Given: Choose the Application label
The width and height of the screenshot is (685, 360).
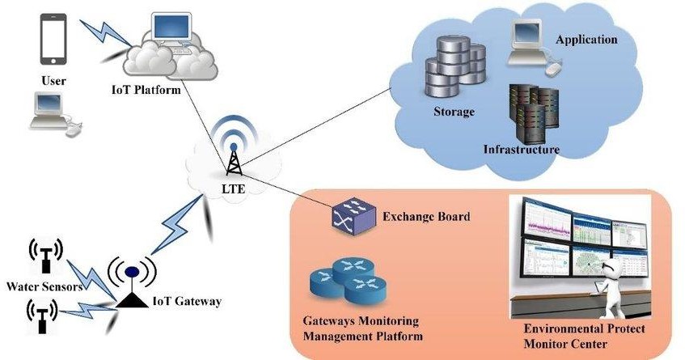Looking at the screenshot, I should point(586,39).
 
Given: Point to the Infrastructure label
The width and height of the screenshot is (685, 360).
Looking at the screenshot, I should point(521,150).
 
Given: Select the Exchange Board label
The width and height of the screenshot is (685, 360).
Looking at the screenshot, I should point(426,217).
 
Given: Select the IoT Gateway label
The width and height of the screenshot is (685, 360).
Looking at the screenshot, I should point(187,302).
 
